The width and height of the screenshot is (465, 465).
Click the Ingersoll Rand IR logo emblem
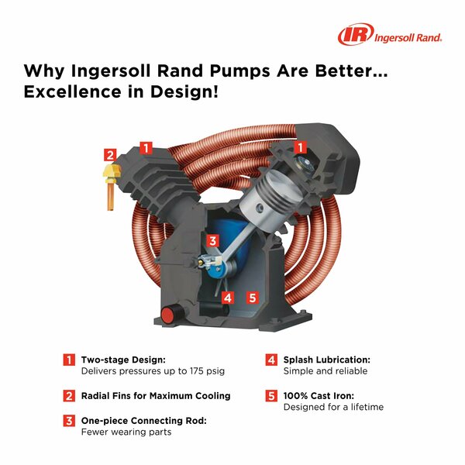tap(353, 36)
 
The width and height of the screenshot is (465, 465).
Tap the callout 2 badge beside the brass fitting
tap(111, 154)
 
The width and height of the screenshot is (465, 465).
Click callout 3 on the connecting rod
tap(213, 240)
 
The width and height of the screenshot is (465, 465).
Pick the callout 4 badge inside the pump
tap(227, 297)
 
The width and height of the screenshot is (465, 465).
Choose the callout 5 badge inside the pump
tap(251, 297)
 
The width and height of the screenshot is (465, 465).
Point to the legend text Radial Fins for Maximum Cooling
tap(156, 395)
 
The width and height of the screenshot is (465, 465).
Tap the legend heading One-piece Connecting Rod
tap(144, 420)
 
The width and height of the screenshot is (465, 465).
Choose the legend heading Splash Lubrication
tap(327, 360)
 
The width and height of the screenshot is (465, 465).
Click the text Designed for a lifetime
tap(333, 407)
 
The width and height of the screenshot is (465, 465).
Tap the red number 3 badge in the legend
tap(70, 420)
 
